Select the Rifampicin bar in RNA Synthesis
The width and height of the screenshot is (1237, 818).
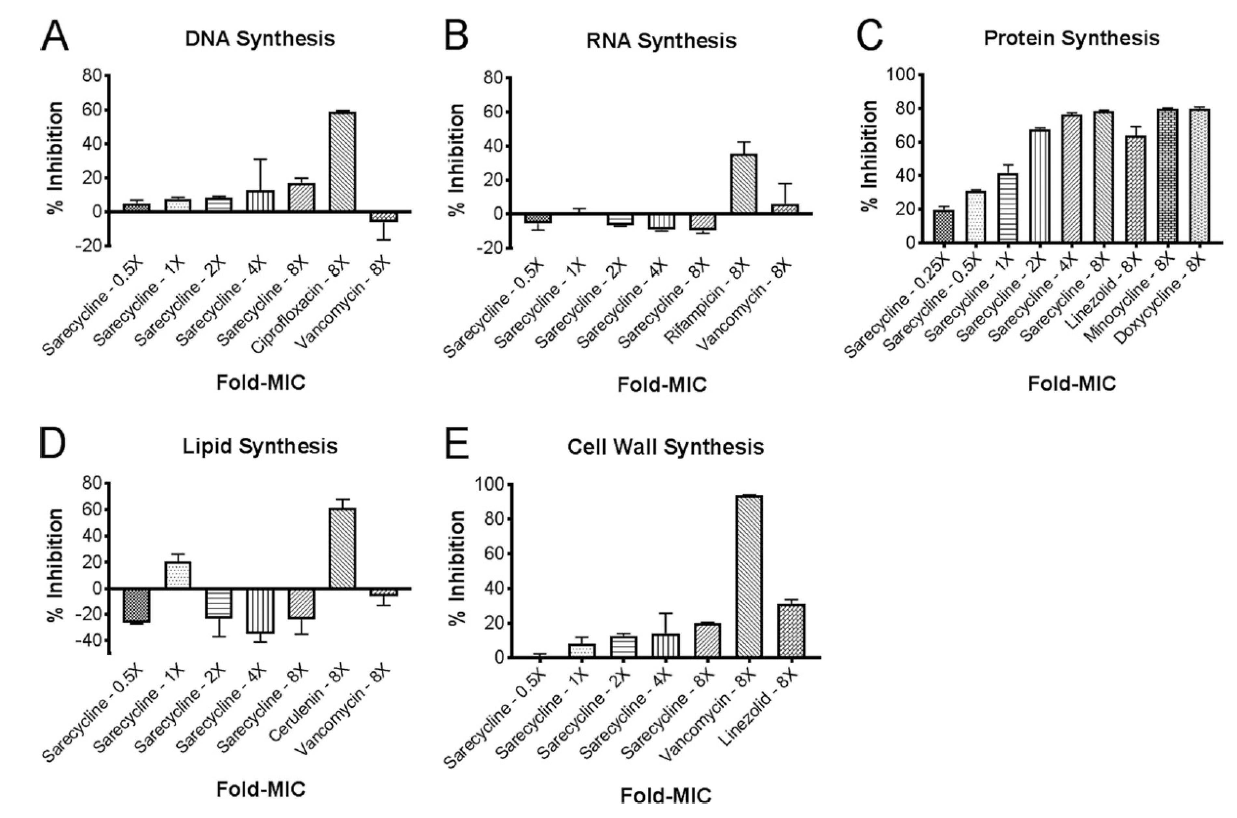click(743, 184)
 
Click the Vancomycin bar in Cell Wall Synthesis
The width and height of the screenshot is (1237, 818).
click(749, 576)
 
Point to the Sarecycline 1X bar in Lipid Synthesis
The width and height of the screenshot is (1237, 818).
click(178, 575)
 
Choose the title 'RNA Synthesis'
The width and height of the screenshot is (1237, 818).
click(661, 41)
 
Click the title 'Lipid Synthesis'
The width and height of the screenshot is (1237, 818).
click(260, 446)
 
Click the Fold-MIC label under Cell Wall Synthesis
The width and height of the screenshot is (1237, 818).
click(665, 796)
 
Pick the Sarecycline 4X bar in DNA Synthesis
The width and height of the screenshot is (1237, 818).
click(260, 201)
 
